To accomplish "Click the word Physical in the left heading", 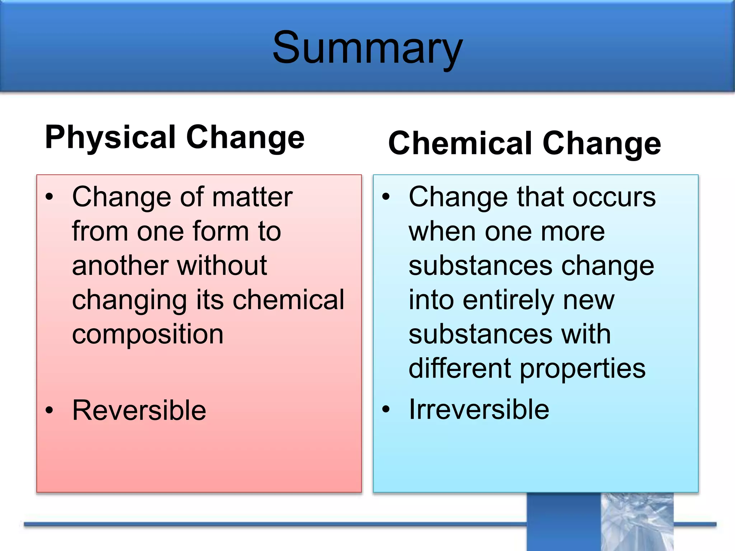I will (x=110, y=137).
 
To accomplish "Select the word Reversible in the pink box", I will (x=139, y=410).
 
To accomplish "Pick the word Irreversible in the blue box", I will (x=479, y=409).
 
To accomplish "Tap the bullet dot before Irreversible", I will (x=386, y=409).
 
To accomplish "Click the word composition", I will (x=148, y=334).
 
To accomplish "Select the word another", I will (x=120, y=265).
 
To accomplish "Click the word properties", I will (x=582, y=369).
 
